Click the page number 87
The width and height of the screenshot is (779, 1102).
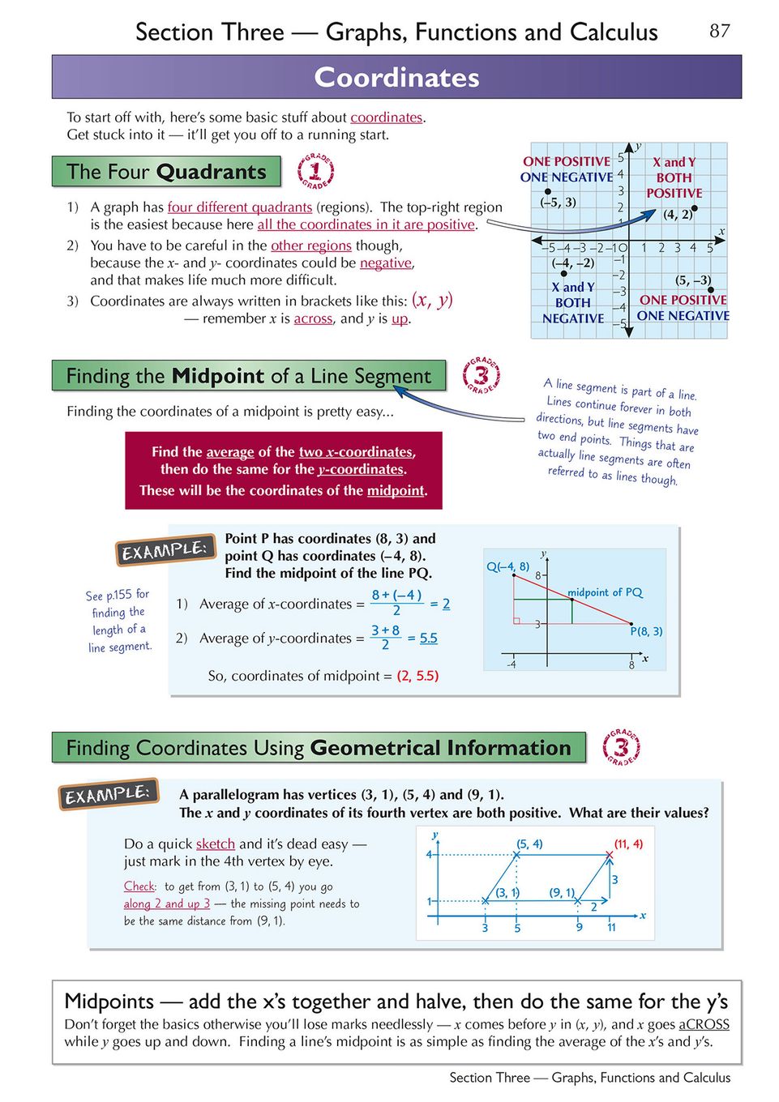(719, 31)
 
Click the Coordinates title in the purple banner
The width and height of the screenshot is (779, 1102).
(396, 77)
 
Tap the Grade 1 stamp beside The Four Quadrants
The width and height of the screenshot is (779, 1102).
(315, 171)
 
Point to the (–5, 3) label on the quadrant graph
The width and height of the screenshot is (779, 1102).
(559, 202)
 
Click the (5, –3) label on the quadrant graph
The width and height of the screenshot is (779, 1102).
(693, 280)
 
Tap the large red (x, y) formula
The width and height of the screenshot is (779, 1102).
(432, 300)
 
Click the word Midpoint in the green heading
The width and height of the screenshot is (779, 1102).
(218, 376)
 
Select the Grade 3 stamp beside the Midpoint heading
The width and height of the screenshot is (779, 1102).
(481, 375)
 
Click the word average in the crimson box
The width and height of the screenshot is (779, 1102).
(230, 451)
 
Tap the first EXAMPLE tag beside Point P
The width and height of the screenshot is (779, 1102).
(165, 550)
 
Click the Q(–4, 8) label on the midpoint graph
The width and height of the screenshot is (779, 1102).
(507, 566)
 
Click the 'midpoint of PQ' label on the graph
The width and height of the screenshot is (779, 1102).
(605, 592)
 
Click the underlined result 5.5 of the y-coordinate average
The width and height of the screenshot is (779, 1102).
(428, 638)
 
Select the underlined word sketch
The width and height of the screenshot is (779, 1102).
(216, 844)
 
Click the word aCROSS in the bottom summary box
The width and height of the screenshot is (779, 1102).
(704, 1024)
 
